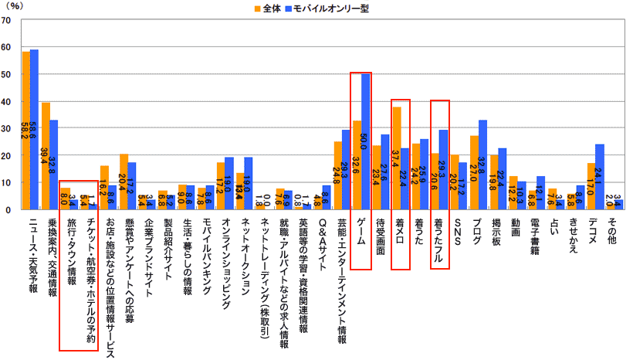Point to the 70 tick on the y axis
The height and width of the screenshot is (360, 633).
[x=7, y=20]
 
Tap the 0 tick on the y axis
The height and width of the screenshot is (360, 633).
[x=8, y=209]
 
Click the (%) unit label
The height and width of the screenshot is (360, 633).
[x=15, y=6]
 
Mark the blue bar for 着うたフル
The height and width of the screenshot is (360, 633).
[x=444, y=169]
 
